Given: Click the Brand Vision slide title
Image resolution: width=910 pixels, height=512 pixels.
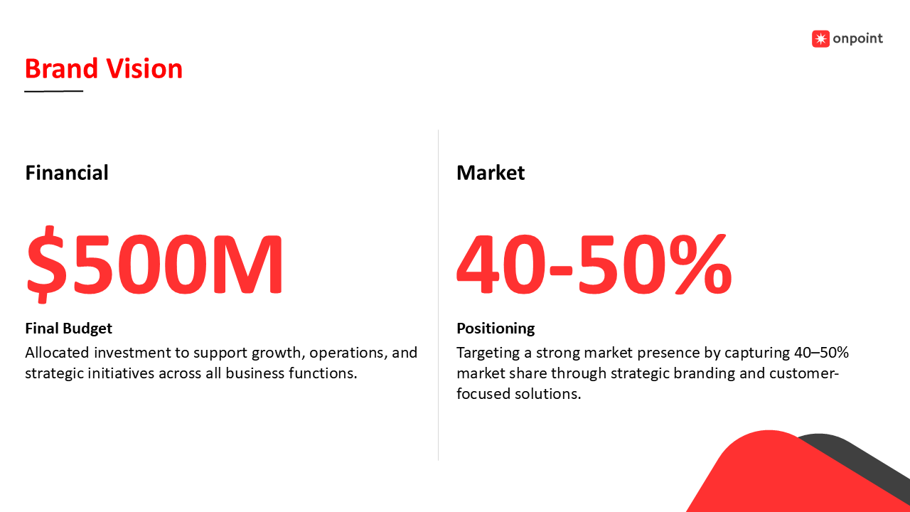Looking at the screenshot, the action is [104, 68].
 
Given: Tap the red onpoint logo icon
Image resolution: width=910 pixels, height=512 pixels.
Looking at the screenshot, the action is [820, 38].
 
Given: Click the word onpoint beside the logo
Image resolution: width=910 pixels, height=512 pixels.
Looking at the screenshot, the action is [857, 39].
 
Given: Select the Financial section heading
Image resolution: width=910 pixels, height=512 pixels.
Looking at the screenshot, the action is [67, 173].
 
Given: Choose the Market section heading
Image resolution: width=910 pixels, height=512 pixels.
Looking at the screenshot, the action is [491, 173].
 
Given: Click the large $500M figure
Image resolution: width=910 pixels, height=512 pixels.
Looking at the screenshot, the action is [155, 264].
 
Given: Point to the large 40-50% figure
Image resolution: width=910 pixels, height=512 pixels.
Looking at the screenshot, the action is [594, 264].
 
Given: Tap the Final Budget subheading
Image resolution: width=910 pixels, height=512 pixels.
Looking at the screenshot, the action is [69, 329].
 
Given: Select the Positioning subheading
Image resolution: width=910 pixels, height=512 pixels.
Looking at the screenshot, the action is [496, 329].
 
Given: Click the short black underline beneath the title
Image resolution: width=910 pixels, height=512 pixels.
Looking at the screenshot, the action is [53, 91].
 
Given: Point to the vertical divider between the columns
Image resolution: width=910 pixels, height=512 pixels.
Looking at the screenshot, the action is [439, 295].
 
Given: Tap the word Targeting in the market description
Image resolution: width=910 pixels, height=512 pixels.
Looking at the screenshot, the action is [488, 353].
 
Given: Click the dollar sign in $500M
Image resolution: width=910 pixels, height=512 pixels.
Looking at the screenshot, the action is [45, 264].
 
